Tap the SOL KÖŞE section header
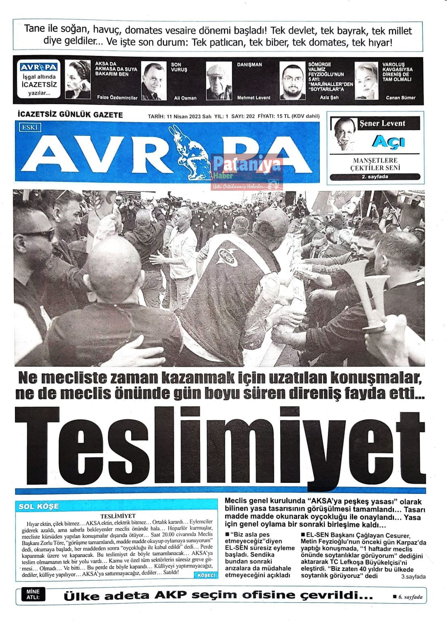click(38, 506)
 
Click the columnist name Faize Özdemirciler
click(117, 98)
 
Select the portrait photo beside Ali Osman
click(153, 81)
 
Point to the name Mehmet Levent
click(254, 98)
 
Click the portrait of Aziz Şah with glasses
click(292, 81)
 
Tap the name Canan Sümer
click(400, 98)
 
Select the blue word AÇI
click(388, 141)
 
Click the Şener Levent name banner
click(382, 123)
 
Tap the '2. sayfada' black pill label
click(375, 177)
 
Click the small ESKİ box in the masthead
click(30, 127)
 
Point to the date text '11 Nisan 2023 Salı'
click(189, 116)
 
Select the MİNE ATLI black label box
click(33, 594)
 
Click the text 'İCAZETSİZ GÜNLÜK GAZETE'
click(70, 115)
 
